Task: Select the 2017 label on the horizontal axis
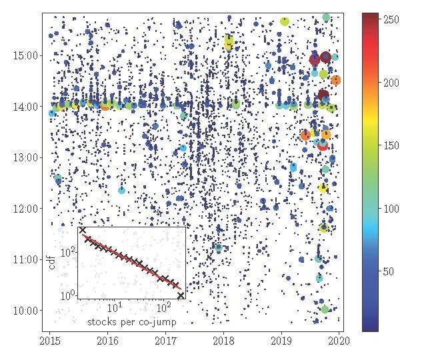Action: click(x=165, y=341)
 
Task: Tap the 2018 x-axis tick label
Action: click(x=223, y=341)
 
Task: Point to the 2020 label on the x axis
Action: click(x=339, y=341)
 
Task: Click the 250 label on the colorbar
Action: click(x=391, y=20)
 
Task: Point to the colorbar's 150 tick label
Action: click(x=391, y=146)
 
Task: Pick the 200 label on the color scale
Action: click(x=391, y=83)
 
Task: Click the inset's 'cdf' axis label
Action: click(x=52, y=262)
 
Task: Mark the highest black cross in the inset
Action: click(x=82, y=230)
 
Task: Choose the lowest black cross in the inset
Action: click(x=181, y=295)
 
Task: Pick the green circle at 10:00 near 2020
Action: click(x=325, y=309)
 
